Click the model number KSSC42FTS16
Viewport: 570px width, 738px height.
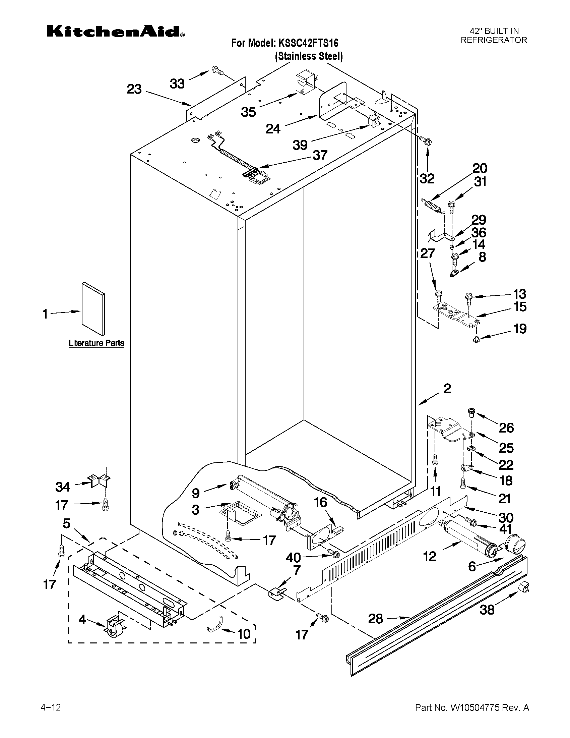pos(308,43)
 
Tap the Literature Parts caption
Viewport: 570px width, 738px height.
pos(96,343)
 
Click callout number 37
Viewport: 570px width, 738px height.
pos(320,155)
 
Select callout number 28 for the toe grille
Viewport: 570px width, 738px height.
pos(375,619)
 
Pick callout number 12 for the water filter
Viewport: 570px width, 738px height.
pos(430,556)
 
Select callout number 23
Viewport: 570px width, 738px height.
pos(134,90)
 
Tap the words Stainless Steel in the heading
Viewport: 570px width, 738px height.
pos(309,56)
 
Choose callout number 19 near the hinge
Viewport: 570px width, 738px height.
pos(520,329)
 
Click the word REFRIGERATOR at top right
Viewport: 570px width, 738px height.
pos(494,40)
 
